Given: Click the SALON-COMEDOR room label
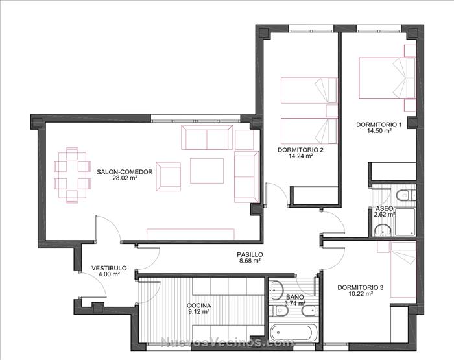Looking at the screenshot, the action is tap(125, 172).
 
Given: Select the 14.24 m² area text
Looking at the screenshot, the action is tap(300, 156).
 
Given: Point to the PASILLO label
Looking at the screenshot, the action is tap(250, 254).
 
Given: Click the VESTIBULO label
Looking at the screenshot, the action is tap(109, 268).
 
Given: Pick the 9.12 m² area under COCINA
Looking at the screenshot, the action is tap(198, 311).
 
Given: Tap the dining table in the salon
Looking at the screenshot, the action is tap(72, 175).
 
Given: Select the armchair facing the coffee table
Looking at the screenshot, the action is tap(168, 176).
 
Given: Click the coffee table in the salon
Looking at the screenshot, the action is tap(207, 171).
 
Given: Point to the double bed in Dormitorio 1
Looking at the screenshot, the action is tap(387, 78).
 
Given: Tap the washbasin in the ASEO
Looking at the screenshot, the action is tap(382, 230).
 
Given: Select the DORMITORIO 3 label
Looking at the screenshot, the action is tap(360, 287).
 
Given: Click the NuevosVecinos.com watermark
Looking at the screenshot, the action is tap(227, 342).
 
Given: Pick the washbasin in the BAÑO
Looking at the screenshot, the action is tap(276, 291).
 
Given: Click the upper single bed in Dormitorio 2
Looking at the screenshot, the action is tap(309, 90).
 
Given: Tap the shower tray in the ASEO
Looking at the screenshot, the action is tap(405, 222).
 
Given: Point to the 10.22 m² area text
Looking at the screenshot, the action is tap(360, 294).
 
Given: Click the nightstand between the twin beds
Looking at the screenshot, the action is tap(331, 111).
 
